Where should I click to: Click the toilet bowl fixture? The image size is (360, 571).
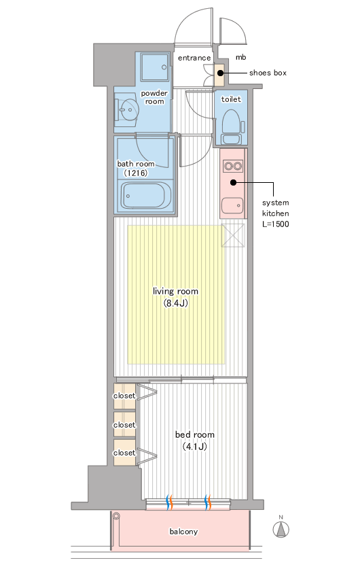[x=232, y=126]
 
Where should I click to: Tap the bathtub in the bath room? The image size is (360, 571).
[x=146, y=196]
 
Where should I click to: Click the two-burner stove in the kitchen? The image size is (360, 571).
[x=233, y=167]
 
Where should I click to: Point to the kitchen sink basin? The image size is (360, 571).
[x=232, y=206]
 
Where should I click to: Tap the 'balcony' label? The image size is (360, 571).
[x=183, y=532]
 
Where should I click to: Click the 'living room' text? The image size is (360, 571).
[x=175, y=292]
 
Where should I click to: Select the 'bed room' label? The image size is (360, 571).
[x=195, y=434]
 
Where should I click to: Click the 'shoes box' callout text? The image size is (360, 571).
[x=268, y=73]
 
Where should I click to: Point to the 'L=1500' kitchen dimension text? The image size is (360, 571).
[x=276, y=224]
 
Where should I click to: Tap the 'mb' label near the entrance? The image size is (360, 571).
[x=240, y=57]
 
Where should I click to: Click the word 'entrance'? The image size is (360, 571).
[x=194, y=58]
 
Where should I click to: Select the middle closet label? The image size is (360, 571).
[x=124, y=425]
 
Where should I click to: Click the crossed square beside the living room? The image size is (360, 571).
[x=233, y=236]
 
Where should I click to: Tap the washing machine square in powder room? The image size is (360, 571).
[x=155, y=67]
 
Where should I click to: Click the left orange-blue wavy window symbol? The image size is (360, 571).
[x=169, y=502]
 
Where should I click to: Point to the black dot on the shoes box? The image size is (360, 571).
[x=220, y=73]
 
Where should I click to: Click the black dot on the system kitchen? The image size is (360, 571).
[x=234, y=182]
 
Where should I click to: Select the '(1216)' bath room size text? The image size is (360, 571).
[x=136, y=173]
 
